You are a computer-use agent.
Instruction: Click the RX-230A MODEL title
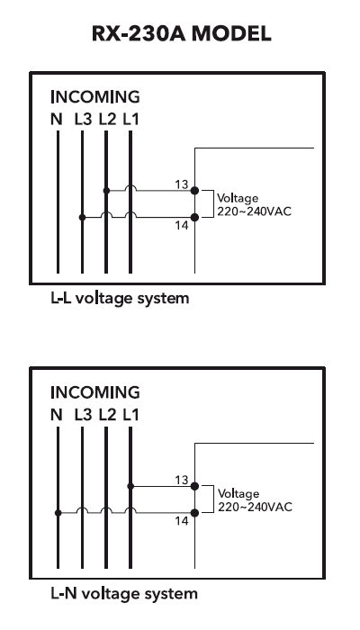pyautogui.click(x=179, y=35)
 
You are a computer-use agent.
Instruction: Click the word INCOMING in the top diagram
pyautogui.click(x=94, y=97)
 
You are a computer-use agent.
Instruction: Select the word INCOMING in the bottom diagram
pyautogui.click(x=94, y=392)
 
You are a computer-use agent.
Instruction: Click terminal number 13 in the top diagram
pyautogui.click(x=181, y=184)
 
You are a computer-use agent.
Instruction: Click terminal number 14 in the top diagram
pyautogui.click(x=181, y=226)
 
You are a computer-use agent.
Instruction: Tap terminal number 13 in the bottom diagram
pyautogui.click(x=181, y=480)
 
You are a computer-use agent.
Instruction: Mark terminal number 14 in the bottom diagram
pyautogui.click(x=181, y=521)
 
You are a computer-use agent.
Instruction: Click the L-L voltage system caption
pyautogui.click(x=119, y=298)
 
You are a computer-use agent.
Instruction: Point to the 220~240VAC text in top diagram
pyautogui.click(x=254, y=211)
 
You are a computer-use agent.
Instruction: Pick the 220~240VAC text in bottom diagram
pyautogui.click(x=254, y=506)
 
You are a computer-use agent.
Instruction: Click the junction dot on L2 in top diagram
pyautogui.click(x=106, y=191)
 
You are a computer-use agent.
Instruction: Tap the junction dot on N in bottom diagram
pyautogui.click(x=57, y=513)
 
